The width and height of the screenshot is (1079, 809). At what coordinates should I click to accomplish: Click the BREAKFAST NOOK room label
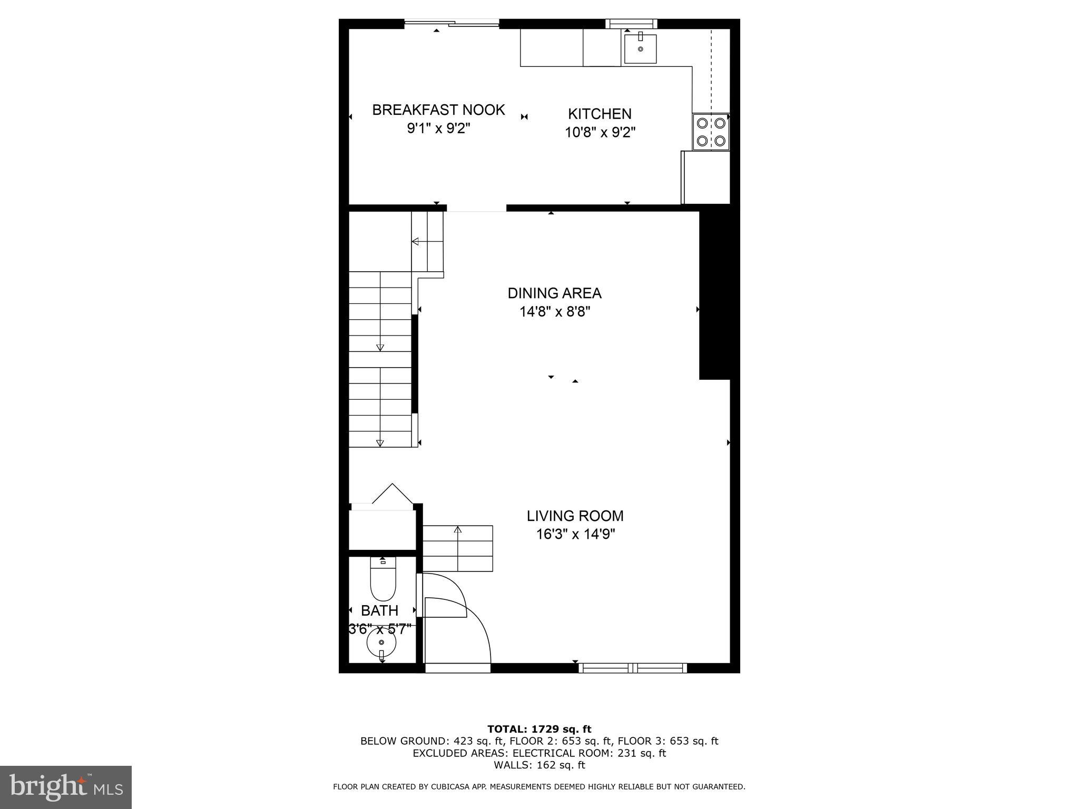coord(438,110)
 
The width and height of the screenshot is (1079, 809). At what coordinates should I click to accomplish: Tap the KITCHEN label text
coord(600,114)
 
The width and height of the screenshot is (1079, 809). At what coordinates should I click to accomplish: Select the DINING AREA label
coord(554,293)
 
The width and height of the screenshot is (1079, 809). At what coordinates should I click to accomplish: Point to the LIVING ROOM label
coord(575,516)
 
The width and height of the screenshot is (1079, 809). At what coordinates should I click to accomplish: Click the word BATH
coord(379,610)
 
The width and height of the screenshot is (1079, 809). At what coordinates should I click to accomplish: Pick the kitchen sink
coord(640,48)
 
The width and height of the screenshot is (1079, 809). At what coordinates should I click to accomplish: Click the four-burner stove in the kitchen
coord(711,132)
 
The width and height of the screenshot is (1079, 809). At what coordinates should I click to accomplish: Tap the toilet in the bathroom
coord(383,579)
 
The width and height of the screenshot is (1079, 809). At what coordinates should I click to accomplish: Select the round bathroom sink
coord(381,643)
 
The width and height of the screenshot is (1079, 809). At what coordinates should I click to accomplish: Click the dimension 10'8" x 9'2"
coord(600,132)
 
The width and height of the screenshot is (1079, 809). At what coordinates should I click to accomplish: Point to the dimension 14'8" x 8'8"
coord(554,312)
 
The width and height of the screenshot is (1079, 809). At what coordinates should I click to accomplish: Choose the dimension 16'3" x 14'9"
coord(575,534)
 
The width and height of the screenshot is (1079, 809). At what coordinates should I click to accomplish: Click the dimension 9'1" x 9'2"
coord(438,129)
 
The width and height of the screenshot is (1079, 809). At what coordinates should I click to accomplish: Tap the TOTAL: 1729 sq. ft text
coord(539,729)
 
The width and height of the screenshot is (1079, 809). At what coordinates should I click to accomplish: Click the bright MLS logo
coord(65,787)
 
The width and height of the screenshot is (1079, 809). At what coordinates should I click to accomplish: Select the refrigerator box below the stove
coord(706,177)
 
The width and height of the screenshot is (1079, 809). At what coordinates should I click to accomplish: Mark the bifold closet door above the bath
coord(392,495)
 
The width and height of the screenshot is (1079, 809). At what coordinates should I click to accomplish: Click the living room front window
coord(632,668)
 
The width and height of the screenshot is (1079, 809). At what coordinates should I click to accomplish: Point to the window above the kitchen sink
coord(631,23)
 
